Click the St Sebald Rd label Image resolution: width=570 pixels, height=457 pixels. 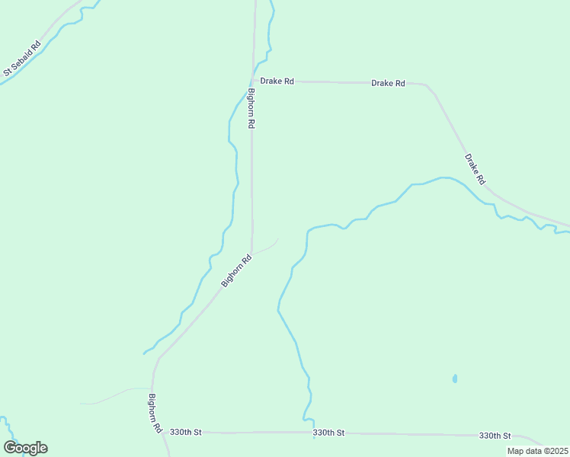pyautogui.click(x=21, y=59)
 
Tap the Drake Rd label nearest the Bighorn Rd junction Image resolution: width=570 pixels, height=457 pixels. pyautogui.click(x=277, y=81)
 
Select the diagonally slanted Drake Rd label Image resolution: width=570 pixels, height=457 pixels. pyautogui.click(x=475, y=170)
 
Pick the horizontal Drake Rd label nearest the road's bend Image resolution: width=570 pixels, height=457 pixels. pyautogui.click(x=388, y=83)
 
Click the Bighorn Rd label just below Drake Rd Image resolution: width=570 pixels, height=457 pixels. pyautogui.click(x=251, y=108)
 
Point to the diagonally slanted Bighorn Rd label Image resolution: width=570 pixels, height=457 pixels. pyautogui.click(x=236, y=271)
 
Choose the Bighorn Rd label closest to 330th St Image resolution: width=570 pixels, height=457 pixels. pyautogui.click(x=155, y=413)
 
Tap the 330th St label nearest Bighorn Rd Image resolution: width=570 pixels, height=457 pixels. pyautogui.click(x=186, y=432)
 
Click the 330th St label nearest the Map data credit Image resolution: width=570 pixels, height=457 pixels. pyautogui.click(x=495, y=436)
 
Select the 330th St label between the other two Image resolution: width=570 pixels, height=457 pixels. pyautogui.click(x=328, y=433)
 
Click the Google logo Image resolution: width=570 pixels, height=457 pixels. pyautogui.click(x=25, y=448)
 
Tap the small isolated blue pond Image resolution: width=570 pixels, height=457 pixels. pyautogui.click(x=455, y=378)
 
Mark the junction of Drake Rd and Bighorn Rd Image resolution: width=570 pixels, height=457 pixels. pyautogui.click(x=253, y=79)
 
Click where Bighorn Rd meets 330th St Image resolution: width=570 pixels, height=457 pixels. pyautogui.click(x=162, y=432)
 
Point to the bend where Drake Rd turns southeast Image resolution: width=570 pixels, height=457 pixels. pyautogui.click(x=428, y=87)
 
